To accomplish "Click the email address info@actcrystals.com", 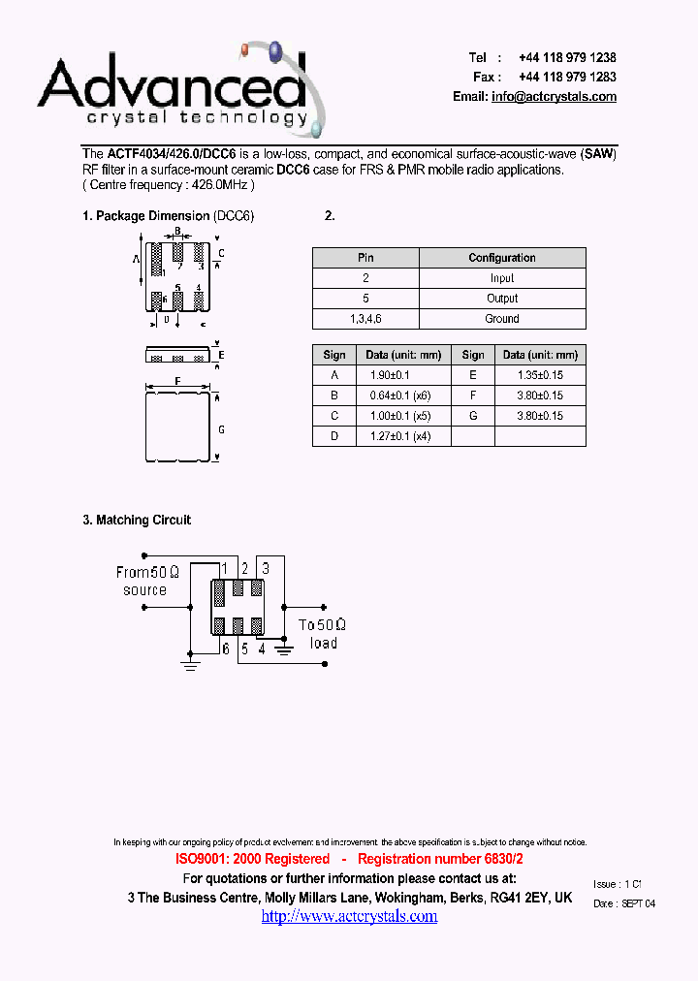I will click(554, 97).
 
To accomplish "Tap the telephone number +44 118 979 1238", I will click(567, 58).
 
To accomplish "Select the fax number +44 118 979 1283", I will click(567, 78).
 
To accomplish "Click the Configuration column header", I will click(502, 258).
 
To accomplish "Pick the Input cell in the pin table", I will click(502, 278).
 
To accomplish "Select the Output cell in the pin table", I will click(502, 299).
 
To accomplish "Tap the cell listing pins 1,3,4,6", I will click(365, 319).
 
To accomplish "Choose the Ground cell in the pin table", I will click(502, 319).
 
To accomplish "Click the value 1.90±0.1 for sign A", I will click(390, 375).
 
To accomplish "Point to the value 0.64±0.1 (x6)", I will click(399, 396).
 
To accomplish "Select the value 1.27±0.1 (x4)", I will click(399, 436).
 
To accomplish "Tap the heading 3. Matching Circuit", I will click(137, 521).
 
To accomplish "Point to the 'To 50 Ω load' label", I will click(323, 634).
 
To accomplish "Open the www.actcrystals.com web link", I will click(349, 916).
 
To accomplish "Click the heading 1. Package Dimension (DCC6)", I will click(168, 216).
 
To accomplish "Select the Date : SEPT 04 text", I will click(623, 903).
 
